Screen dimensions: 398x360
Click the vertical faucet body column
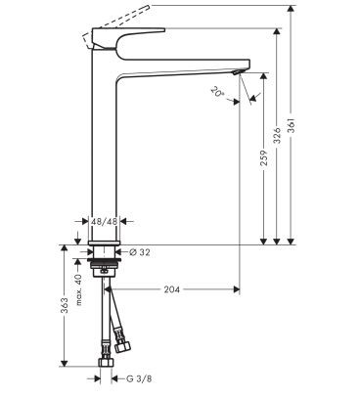(x=104, y=147)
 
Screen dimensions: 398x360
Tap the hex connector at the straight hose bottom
(x=104, y=376)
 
